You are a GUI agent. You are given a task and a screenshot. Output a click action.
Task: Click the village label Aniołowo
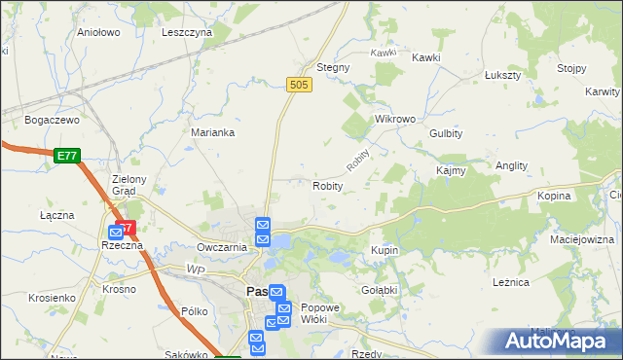coord(97,32)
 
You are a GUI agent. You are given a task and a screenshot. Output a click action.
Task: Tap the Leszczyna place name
coord(187,32)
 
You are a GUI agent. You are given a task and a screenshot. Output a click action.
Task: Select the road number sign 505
coord(299,87)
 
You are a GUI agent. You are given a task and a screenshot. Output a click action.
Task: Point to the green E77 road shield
coord(66,155)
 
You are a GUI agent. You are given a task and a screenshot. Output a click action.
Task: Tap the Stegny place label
coord(333,68)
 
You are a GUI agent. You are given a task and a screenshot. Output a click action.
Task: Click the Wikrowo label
coord(395,119)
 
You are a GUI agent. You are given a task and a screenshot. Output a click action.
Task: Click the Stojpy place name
coord(571,68)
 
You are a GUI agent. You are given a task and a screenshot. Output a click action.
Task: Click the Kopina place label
coord(553,196)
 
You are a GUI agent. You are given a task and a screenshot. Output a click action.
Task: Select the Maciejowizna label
coord(582,238)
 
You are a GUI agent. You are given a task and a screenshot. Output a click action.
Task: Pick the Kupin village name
coord(385,251)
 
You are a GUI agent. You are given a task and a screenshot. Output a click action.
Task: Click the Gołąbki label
coord(381,290)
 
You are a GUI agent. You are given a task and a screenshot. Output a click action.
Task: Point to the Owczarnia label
coord(221,247)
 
